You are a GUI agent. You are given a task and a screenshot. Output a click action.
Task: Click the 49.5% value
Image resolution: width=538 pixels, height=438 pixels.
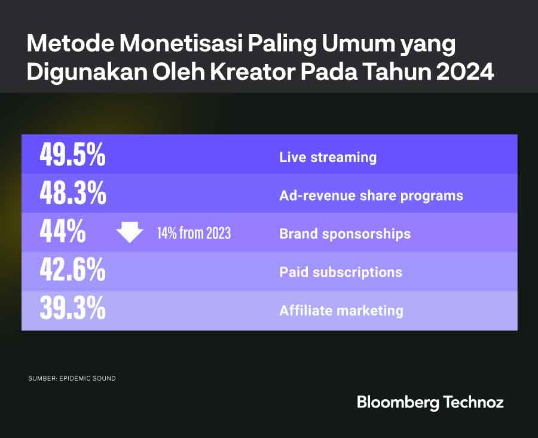pos(72,155)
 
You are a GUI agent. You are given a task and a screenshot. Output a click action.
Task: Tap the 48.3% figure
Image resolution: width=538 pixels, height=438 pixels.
pos(72,194)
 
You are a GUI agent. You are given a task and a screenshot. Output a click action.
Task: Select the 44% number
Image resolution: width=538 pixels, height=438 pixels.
pos(62,232)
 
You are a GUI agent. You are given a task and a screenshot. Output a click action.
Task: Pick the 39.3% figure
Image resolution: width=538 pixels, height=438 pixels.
pos(72,310)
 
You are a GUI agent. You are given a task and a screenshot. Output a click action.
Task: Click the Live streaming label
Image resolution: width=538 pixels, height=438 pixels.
pos(328,157)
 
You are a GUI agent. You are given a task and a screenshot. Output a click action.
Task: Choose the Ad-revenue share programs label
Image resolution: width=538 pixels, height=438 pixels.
pos(371,195)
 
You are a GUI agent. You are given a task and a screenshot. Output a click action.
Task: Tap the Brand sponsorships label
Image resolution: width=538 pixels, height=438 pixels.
pos(345,234)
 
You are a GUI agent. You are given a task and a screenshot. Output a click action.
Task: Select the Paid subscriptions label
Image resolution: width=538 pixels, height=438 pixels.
pos(341,272)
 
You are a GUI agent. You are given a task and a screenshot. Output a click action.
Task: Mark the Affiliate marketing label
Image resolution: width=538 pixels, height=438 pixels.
pos(341,311)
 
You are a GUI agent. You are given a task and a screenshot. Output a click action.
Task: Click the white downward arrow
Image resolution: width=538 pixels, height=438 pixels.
pos(129,232)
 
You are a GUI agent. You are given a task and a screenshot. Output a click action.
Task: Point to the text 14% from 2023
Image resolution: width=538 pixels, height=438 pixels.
pos(194,233)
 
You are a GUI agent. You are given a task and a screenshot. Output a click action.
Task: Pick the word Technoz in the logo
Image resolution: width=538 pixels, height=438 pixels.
pos(474,402)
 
